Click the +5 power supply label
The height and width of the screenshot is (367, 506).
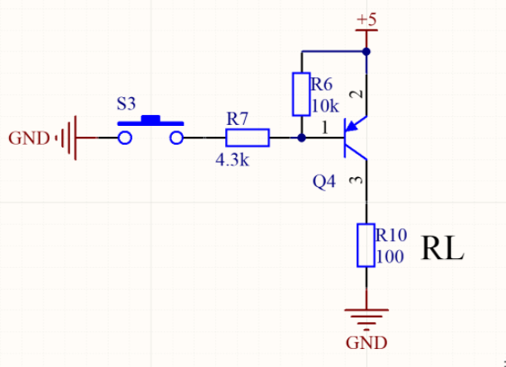tap(366, 19)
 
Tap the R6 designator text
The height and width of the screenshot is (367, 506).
tap(321, 84)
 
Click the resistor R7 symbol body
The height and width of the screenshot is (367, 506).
tap(247, 138)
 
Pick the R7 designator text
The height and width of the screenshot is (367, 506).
tap(239, 119)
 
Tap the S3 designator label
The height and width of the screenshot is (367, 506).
tap(128, 103)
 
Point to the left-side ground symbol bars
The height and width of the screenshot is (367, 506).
tap(68, 138)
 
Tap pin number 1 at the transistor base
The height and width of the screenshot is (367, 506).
tap(325, 129)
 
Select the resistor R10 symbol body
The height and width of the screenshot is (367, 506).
tap(366, 246)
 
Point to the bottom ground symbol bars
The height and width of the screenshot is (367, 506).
tap(366, 317)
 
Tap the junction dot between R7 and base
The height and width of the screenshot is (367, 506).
tap(300, 138)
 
